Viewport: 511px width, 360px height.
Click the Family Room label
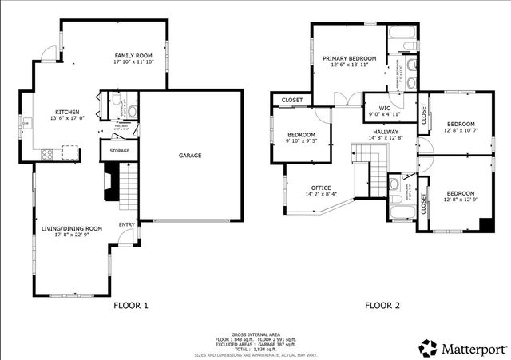point(133,54)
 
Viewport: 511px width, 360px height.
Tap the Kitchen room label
point(67,112)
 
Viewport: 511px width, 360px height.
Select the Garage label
point(189,156)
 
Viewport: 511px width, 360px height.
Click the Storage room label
point(120,150)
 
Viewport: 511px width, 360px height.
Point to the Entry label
point(127,224)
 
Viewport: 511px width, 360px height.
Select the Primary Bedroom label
point(350,59)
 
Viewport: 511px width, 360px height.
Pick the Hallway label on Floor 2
point(386,131)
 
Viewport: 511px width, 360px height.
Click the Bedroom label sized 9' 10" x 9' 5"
point(302,135)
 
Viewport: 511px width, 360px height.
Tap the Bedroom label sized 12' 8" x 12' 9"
point(461,194)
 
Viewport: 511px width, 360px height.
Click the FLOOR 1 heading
point(131,306)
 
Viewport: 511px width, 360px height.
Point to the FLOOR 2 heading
point(382,306)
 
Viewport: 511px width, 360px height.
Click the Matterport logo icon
point(429,348)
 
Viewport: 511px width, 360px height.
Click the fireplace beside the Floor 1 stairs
point(107,183)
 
